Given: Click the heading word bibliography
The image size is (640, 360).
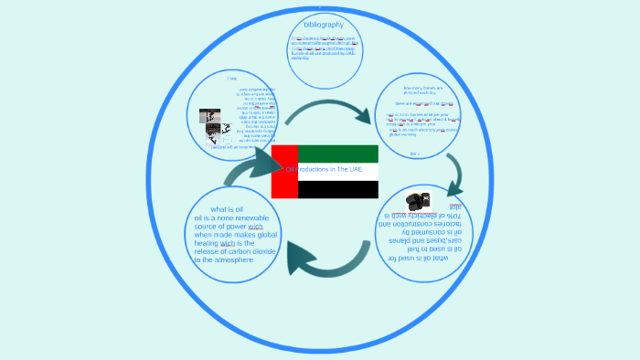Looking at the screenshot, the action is click(x=324, y=24).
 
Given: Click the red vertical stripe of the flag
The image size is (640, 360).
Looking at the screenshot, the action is click(x=284, y=171).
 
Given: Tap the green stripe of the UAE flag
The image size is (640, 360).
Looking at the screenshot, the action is click(x=337, y=154).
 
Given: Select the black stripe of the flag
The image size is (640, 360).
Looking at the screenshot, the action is click(x=337, y=189).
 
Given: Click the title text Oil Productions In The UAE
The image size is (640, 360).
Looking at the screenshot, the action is click(x=324, y=170).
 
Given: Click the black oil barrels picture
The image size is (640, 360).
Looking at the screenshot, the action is click(x=418, y=200).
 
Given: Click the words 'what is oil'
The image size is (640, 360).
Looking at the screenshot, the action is click(x=226, y=209).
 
